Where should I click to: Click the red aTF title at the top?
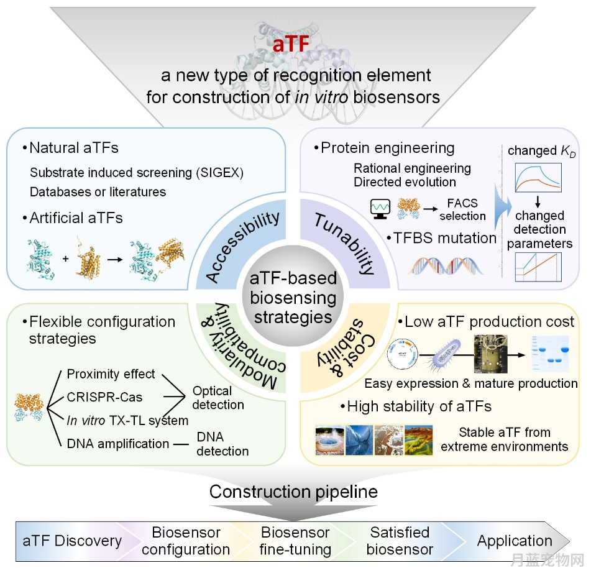point(291,44)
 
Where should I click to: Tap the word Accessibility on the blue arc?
point(243,247)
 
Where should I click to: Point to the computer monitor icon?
point(380,209)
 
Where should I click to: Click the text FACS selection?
point(462,209)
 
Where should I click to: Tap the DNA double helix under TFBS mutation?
point(445,265)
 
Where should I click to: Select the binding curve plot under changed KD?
point(538,178)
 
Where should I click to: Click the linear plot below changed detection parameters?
point(538,267)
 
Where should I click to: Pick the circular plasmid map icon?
point(403,354)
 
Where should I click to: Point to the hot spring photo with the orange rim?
point(329,440)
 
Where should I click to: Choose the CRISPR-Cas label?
point(104,397)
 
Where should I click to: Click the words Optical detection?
point(218,398)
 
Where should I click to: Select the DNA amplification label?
point(117,444)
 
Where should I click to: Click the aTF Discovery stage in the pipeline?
point(72,541)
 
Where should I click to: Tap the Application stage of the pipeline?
point(515,541)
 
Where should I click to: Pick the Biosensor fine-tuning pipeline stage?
point(295,541)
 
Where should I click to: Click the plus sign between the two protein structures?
point(66,259)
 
